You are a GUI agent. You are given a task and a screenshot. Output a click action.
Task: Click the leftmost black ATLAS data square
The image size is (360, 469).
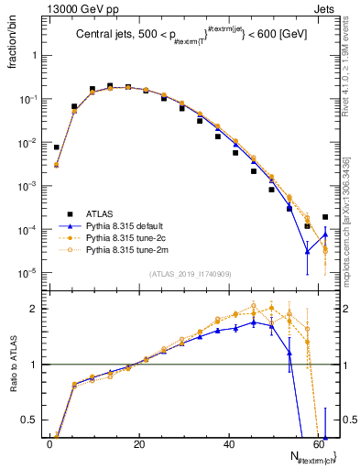click(57, 147)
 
